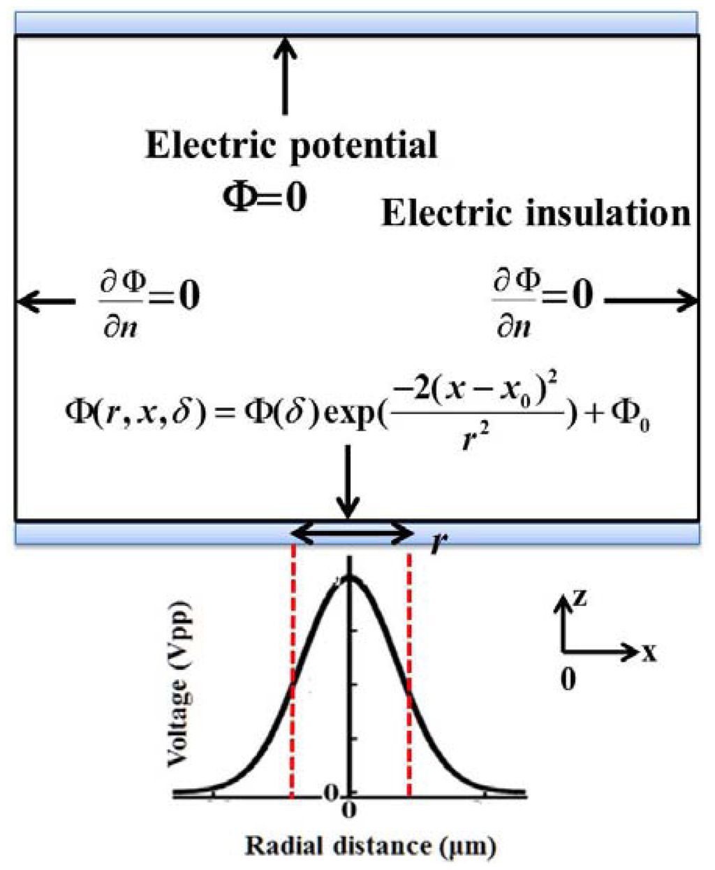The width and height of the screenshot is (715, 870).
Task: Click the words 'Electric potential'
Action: pyautogui.click(x=291, y=145)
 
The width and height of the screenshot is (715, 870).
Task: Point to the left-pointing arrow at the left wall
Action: pyautogui.click(x=46, y=302)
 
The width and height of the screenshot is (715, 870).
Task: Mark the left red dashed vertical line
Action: pyautogui.click(x=293, y=671)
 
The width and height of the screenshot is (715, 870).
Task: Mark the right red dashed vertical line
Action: pyautogui.click(x=408, y=671)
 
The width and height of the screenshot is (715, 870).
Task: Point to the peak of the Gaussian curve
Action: pyautogui.click(x=351, y=577)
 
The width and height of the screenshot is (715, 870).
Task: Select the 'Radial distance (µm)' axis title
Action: pyautogui.click(x=370, y=846)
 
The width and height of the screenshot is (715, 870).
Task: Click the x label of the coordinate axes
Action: pyautogui.click(x=649, y=653)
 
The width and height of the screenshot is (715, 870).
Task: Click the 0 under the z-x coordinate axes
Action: pyautogui.click(x=568, y=679)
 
